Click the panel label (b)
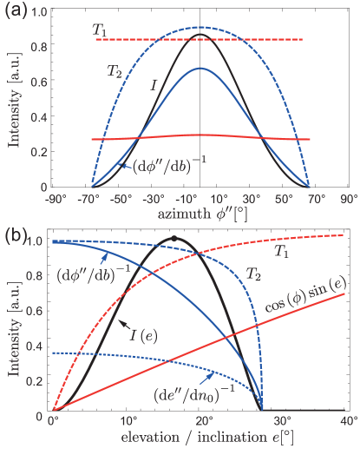point(16,234)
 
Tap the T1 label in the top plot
point(101,30)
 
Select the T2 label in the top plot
point(114,70)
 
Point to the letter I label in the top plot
point(154,85)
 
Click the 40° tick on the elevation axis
point(344,420)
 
